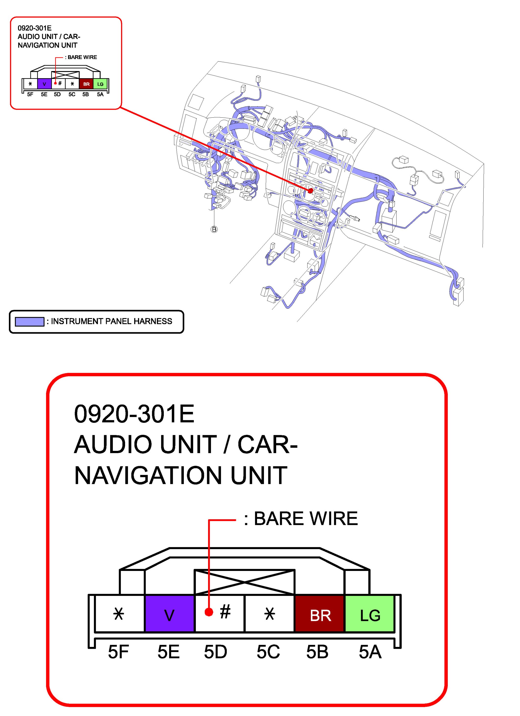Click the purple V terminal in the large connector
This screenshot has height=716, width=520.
(169, 613)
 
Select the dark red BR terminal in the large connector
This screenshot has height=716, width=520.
(319, 613)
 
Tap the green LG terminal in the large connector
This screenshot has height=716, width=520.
(370, 613)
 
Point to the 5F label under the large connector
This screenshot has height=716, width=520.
(118, 652)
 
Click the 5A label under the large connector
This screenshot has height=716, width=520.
(370, 652)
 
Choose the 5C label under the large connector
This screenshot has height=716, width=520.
(268, 652)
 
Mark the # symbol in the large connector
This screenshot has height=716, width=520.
(225, 612)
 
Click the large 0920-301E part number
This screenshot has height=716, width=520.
(134, 414)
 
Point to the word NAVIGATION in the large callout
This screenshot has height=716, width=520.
(148, 475)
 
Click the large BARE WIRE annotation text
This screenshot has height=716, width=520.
(306, 518)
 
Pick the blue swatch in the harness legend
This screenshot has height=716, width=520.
(30, 321)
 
